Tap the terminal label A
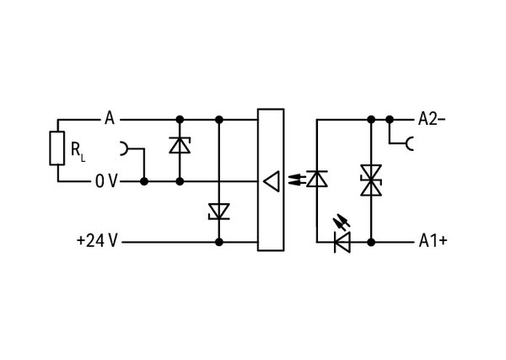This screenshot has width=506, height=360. point(110,118)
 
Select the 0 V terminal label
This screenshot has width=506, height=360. point(106,181)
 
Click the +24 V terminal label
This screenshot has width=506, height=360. point(97,240)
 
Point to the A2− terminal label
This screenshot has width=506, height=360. point(432,119)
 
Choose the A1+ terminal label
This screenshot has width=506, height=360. point(433,240)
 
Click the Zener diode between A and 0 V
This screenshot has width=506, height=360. point(180,145)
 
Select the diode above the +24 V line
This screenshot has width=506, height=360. point(219,212)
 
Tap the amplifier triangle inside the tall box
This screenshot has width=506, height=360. point(272,181)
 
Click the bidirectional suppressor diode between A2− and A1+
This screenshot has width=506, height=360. point(371,180)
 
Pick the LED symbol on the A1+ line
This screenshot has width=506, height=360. point(342,242)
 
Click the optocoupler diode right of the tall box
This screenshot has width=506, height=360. point(317,179)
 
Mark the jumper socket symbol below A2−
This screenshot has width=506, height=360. point(410,143)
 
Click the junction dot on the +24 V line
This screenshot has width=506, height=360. point(219,242)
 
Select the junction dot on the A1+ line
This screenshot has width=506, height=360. point(371,242)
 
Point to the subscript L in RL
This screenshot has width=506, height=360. point(83,159)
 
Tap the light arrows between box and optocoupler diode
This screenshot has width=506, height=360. point(297,180)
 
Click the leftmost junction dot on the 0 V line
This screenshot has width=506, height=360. point(144,181)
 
